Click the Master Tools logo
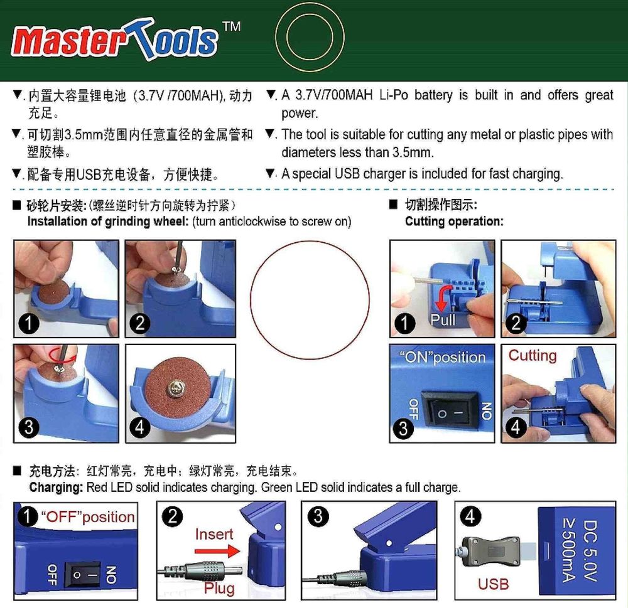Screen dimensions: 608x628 (116, 41)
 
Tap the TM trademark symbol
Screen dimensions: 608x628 (231, 27)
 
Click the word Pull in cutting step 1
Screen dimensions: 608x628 (443, 320)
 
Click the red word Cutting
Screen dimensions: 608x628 (533, 355)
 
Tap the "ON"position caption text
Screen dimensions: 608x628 (443, 357)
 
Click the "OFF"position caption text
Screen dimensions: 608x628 (88, 517)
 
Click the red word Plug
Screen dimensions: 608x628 (219, 588)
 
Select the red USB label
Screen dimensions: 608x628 (493, 584)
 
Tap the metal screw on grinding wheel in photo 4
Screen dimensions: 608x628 (175, 390)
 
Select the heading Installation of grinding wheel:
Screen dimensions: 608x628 (108, 221)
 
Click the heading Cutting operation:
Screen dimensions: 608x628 (453, 221)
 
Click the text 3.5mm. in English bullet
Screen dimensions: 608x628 (412, 152)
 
